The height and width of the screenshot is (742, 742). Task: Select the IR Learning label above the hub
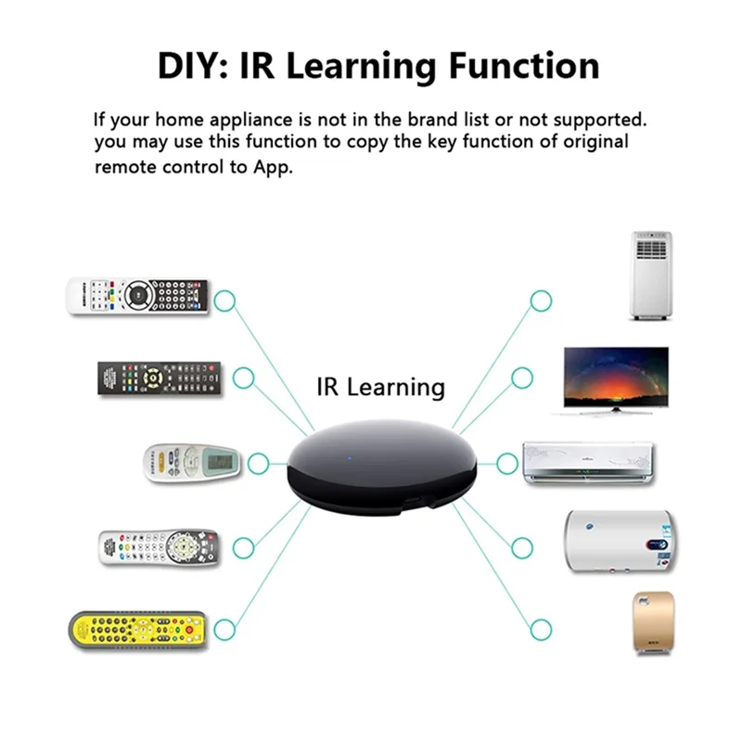point(380,386)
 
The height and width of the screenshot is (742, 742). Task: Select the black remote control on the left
point(160,378)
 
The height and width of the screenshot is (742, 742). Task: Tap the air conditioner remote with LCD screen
point(191,461)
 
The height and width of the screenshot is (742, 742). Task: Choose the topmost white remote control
point(137,297)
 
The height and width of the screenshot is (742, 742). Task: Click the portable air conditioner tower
point(651,275)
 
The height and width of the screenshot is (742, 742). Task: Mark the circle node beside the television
point(522,377)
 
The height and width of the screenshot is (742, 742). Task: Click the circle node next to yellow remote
point(225,631)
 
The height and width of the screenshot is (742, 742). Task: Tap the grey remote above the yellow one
point(158,547)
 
